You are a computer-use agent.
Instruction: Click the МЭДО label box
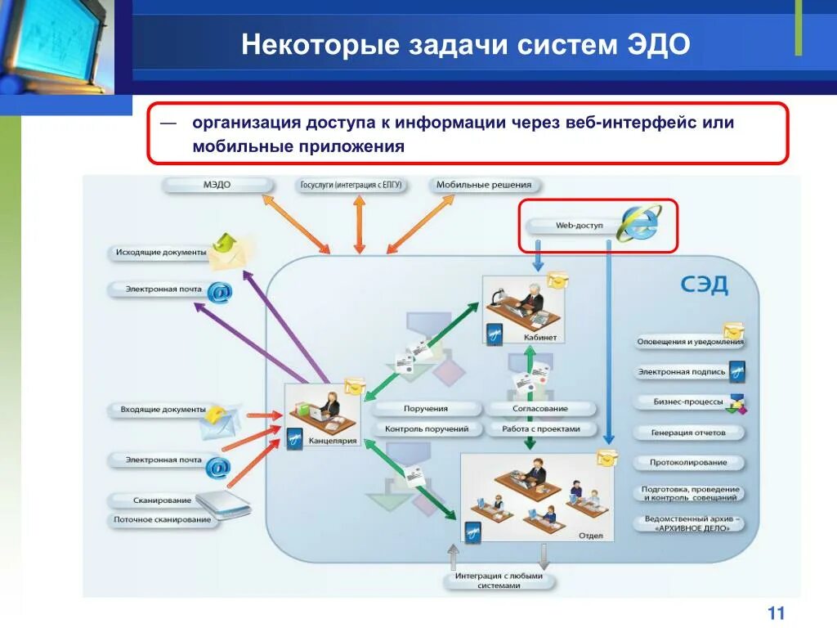click(217, 185)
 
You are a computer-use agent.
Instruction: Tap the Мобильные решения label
click(483, 185)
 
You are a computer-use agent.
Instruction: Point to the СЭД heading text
click(704, 285)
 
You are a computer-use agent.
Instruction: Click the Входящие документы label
click(163, 409)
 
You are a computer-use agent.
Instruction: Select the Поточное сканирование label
click(163, 519)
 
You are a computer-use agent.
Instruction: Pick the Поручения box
click(425, 408)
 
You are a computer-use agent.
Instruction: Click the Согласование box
click(539, 408)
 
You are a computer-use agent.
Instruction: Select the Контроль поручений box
click(426, 428)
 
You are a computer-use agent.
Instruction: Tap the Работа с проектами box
click(540, 428)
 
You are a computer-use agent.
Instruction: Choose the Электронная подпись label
click(682, 372)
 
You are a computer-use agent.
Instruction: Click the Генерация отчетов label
click(687, 433)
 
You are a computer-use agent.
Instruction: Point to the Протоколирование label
click(688, 463)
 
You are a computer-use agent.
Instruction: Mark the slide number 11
click(776, 613)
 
